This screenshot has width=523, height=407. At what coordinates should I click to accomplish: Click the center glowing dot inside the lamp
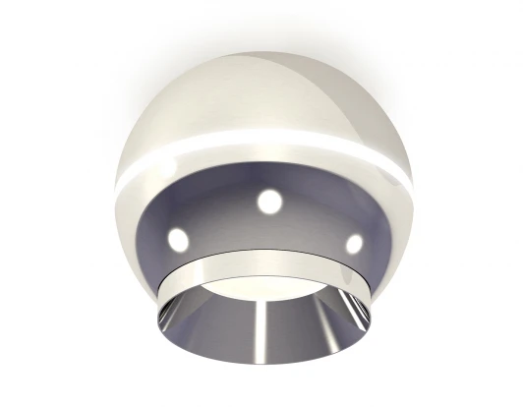point(268,202)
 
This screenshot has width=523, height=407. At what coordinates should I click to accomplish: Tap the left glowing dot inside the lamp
point(178,237)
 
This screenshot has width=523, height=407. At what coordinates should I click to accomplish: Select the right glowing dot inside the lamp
point(354,242)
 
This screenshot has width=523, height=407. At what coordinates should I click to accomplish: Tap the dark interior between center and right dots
point(313,220)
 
